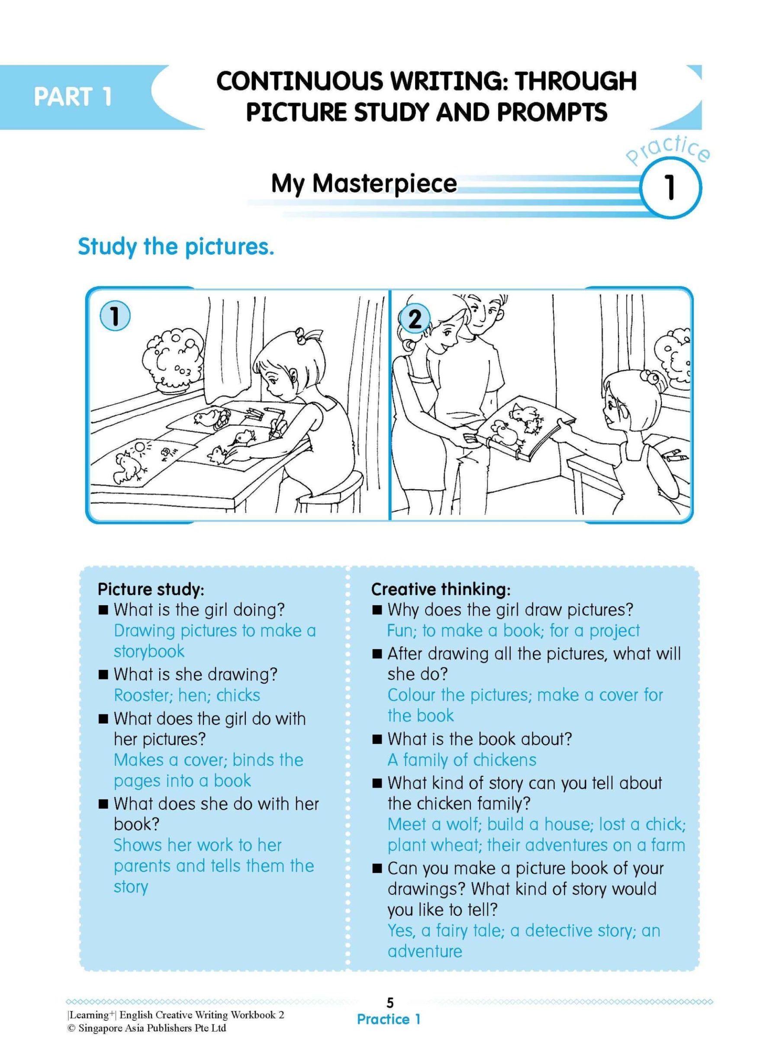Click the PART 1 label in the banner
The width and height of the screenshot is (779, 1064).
(73, 96)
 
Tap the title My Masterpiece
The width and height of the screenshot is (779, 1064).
(364, 183)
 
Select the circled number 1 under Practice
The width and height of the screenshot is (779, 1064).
(669, 188)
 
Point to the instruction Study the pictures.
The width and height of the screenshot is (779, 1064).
(175, 247)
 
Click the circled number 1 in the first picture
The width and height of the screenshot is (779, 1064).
(115, 316)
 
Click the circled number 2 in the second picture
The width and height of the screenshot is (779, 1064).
(415, 320)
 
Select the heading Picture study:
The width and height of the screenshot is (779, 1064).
(151, 589)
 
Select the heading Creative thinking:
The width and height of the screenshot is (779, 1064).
(441, 589)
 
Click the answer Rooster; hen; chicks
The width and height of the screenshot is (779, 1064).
(187, 695)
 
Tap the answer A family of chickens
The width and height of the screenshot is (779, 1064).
(462, 760)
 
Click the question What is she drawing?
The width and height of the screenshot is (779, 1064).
(195, 674)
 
